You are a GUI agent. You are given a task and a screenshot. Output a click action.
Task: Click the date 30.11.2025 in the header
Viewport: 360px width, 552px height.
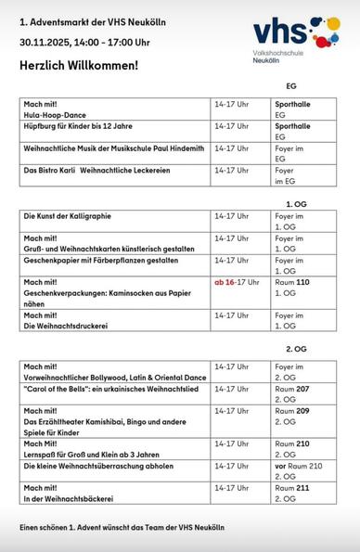coord(47,42)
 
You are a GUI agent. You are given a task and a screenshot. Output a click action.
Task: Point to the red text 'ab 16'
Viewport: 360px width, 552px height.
coord(225,282)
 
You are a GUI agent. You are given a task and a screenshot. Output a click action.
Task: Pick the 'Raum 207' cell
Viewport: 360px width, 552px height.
coord(292,390)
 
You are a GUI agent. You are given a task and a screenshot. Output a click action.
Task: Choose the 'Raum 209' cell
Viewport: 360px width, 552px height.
coord(292,411)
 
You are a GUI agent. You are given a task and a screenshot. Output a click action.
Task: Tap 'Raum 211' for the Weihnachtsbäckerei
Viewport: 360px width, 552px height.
coord(292,487)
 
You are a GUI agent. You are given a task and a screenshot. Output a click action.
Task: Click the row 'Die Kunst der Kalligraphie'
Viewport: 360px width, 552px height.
coord(67,216)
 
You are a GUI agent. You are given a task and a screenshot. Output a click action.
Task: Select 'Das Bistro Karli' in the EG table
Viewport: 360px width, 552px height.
coord(50,171)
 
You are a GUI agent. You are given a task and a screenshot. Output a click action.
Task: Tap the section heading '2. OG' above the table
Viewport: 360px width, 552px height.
coord(296,349)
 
